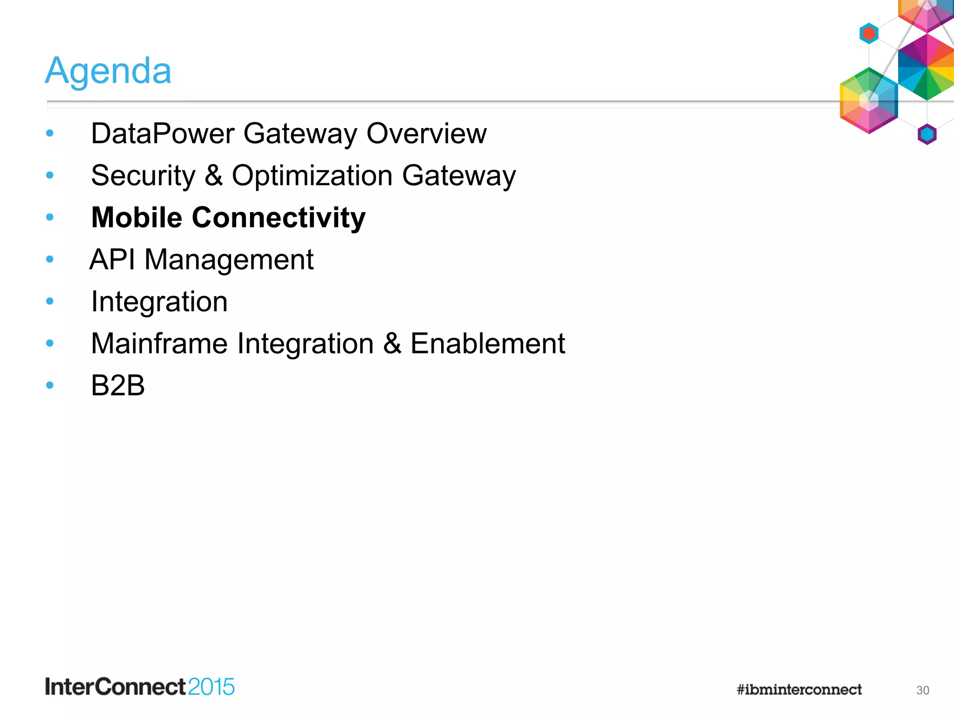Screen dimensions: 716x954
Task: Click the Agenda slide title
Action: tap(108, 71)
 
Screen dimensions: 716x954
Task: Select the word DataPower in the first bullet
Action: tap(163, 134)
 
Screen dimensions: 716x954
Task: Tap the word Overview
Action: tap(426, 134)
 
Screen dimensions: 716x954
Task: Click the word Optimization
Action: tap(312, 176)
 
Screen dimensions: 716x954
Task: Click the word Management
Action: tap(229, 260)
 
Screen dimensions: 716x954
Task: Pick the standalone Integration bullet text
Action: tap(159, 302)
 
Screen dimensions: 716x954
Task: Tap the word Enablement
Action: tap(487, 344)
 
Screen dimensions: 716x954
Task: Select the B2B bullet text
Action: tap(118, 386)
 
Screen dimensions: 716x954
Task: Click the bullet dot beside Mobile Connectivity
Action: tap(50, 217)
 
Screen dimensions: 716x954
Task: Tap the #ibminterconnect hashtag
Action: tap(799, 689)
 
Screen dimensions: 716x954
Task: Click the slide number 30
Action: tap(922, 690)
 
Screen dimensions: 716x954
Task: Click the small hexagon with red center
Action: tap(869, 33)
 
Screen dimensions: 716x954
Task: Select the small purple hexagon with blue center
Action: tap(927, 135)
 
